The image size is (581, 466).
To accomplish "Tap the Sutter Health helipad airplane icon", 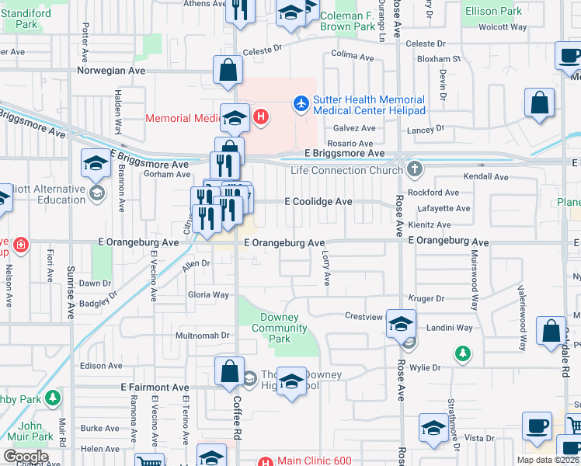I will [301, 103].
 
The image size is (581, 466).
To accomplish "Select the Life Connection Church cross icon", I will [416, 169].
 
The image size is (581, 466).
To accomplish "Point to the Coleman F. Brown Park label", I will [349, 21].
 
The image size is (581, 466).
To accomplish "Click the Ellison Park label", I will [493, 12].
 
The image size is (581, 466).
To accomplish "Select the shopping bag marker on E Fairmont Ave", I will [230, 372].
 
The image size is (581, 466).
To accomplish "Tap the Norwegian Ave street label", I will [111, 70].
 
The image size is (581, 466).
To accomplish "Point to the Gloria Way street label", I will [208, 295].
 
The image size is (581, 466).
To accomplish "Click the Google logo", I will [25, 457].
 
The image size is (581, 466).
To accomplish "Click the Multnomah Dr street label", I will [204, 336].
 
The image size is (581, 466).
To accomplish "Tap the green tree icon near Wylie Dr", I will [463, 354].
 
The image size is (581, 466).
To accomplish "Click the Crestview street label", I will [364, 316].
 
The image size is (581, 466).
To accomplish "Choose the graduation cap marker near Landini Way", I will [401, 323].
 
